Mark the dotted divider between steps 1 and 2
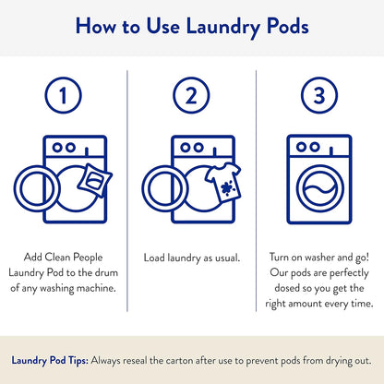(126, 184)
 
